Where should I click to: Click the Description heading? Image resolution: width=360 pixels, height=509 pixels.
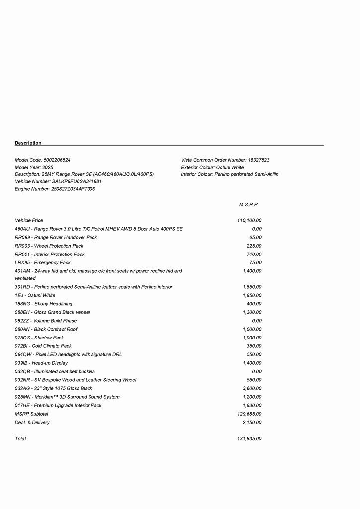coord(28,143)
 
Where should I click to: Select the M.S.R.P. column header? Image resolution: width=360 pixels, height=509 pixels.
coord(249,205)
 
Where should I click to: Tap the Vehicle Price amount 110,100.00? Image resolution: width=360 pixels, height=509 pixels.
coord(249,220)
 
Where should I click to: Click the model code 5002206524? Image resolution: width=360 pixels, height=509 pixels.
coord(57,160)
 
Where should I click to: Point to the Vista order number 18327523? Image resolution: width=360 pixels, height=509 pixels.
coord(259,160)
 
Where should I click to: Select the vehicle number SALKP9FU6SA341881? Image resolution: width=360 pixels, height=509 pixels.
coord(77,182)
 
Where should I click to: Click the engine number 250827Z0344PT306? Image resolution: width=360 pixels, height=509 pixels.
coord(73,189)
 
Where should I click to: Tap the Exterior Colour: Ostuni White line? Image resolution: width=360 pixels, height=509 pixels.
coord(212,168)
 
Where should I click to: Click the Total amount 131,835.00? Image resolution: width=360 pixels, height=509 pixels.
coord(249,439)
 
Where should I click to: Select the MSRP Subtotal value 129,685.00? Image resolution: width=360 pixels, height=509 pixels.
coord(249,414)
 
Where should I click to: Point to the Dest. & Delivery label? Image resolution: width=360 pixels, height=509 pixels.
coord(32,422)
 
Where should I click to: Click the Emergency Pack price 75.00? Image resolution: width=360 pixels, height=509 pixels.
coord(255,262)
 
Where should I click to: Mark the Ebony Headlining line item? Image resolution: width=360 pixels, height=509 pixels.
coord(43,304)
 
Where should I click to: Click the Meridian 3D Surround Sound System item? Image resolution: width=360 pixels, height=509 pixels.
coord(67,397)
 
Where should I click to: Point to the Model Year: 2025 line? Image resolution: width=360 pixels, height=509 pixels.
coord(34,168)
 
